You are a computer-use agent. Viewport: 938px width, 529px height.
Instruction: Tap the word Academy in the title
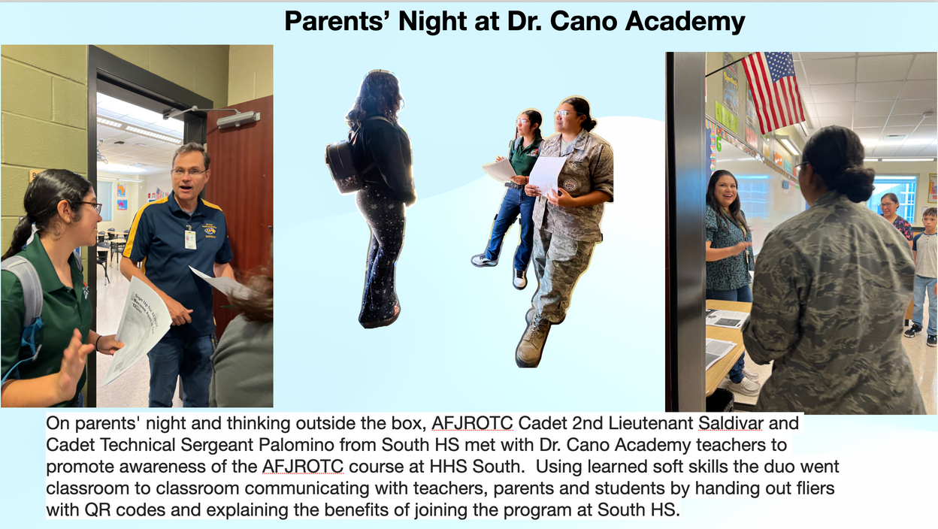click(x=685, y=22)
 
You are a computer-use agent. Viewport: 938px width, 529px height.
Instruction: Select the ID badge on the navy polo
click(x=190, y=239)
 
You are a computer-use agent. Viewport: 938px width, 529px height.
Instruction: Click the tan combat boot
click(x=534, y=343)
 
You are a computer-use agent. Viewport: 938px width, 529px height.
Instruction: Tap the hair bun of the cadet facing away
click(x=855, y=183)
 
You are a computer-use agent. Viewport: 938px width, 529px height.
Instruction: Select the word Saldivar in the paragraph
click(x=731, y=424)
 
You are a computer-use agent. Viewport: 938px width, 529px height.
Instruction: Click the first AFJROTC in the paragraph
click(x=472, y=424)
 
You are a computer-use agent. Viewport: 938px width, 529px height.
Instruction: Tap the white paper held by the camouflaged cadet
click(x=547, y=176)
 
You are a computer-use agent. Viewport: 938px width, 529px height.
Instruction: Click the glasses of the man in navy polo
click(x=189, y=171)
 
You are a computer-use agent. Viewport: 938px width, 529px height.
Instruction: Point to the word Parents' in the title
click(x=337, y=21)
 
